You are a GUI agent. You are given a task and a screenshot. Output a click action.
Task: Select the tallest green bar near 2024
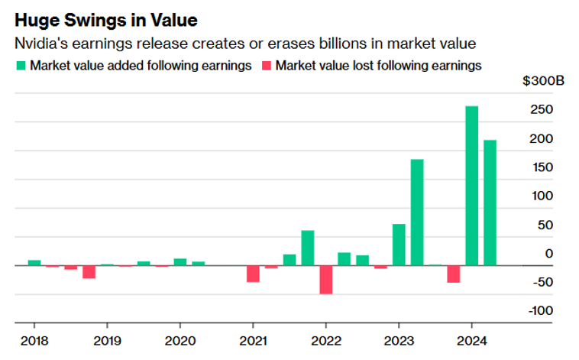pos(472,185)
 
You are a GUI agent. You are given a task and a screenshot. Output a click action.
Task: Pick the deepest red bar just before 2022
pos(326,279)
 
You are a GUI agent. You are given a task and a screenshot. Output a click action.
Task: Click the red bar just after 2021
pos(253,273)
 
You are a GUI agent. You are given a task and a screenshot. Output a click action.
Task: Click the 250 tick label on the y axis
pos(542,110)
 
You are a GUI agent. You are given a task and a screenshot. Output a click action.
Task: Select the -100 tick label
pos(539,311)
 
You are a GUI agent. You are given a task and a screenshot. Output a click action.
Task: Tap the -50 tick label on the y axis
pos(542,283)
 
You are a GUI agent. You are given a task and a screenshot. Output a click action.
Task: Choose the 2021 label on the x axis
pos(253,340)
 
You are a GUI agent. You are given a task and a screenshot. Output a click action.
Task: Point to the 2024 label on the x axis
pos(472,340)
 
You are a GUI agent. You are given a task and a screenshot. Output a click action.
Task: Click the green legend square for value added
pos(21,66)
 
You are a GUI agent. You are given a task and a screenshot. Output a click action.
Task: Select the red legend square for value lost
pos(266,66)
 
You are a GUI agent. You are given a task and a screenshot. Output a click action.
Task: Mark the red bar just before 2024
pos(454,273)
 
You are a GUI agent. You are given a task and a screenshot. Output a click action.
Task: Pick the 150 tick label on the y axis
pos(542,167)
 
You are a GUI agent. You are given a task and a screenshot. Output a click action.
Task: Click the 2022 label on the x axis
pos(326,340)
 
